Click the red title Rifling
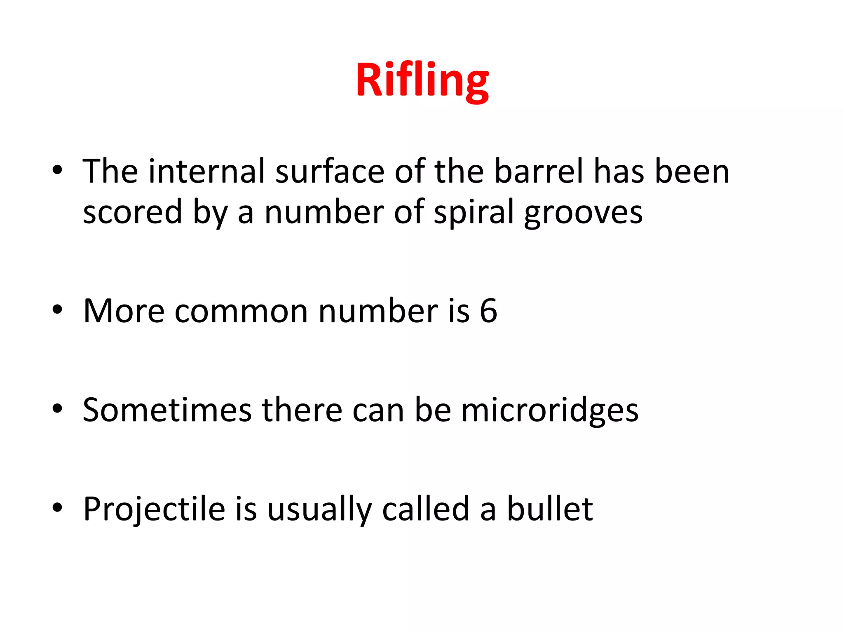pos(422,80)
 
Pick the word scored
pos(132,212)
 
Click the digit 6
pos(488,311)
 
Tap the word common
pos(241,312)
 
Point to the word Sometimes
pos(167,410)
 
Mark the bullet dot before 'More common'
pos(57,309)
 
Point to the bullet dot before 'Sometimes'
pos(57,409)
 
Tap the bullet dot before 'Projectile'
pos(57,508)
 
